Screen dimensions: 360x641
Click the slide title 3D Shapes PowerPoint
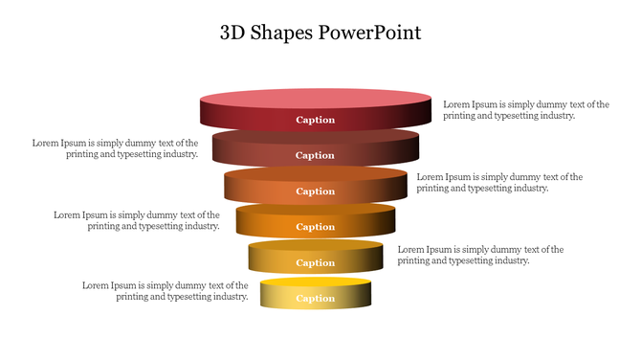click(x=320, y=32)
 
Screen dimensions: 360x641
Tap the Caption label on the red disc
click(x=316, y=120)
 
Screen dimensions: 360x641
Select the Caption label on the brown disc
click(x=316, y=155)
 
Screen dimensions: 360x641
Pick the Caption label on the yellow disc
click(x=316, y=262)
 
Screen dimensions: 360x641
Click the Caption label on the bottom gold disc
click(x=316, y=298)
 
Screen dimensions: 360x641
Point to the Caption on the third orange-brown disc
click(x=316, y=191)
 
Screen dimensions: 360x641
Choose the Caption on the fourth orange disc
click(x=316, y=227)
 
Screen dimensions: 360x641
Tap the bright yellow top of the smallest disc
click(x=316, y=283)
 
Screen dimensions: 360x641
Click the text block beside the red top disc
click(x=525, y=109)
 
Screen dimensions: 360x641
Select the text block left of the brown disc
click(x=116, y=147)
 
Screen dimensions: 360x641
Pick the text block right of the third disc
click(x=499, y=182)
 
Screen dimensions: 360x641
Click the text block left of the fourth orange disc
click(x=138, y=220)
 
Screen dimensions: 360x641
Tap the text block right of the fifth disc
click(x=480, y=255)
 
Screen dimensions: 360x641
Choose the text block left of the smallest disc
click(x=166, y=290)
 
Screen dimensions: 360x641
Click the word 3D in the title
click(x=232, y=32)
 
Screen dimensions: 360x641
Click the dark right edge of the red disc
click(x=421, y=115)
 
